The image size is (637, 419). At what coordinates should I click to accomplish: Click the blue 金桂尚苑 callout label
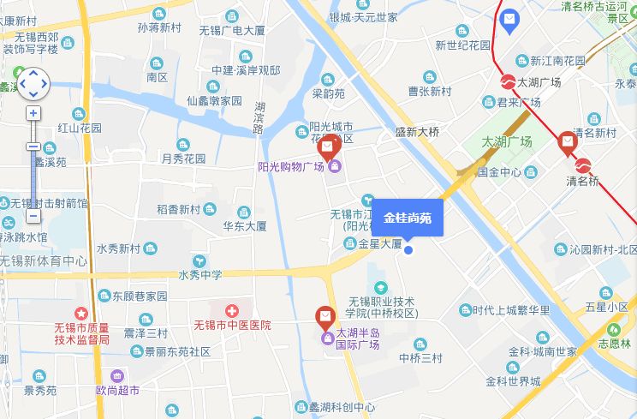[x=408, y=218]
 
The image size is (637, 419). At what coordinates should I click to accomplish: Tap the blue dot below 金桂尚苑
[x=408, y=249]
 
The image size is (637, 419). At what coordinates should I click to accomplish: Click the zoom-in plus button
[x=33, y=113]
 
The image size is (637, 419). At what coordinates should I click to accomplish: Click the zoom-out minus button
[x=33, y=217]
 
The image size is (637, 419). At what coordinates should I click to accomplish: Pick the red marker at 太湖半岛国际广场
[x=325, y=318]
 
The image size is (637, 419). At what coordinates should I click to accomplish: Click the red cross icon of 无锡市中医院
[x=231, y=310]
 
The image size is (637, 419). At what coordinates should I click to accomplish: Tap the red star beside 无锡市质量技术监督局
[x=81, y=314]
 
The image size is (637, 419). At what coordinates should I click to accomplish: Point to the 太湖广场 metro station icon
[x=508, y=82]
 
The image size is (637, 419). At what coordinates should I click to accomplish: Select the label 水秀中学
[x=200, y=275]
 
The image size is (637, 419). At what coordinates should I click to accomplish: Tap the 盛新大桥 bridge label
[x=417, y=132]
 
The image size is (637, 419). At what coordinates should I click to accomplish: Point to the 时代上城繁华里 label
[x=511, y=310]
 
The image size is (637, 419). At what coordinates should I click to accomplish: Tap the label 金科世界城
[x=513, y=381]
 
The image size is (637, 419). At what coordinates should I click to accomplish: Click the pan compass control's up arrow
[x=33, y=73]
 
